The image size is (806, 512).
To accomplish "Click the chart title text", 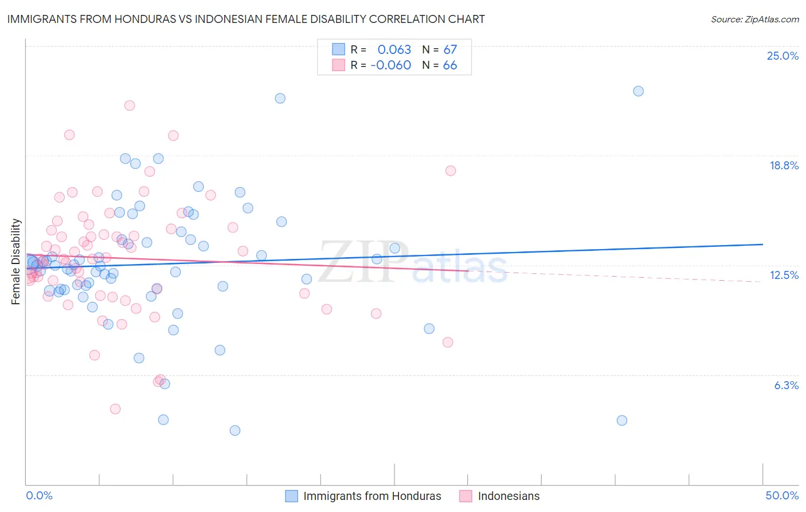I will coord(246,19).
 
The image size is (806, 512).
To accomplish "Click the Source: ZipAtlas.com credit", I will coord(754,19).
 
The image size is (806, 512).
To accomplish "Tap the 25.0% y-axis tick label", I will coord(782,56).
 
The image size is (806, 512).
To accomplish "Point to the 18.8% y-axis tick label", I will coord(784,165).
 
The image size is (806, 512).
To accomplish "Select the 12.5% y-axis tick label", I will coord(784,275).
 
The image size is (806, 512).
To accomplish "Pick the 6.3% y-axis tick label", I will coord(786,385).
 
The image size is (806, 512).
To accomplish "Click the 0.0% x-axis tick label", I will coord(39,495).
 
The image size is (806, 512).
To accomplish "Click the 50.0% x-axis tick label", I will coord(782,495).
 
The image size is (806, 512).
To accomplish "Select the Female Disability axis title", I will coord(16,261).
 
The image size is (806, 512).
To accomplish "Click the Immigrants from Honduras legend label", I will coord(372,496).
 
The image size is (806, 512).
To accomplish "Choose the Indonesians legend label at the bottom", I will coord(508,496).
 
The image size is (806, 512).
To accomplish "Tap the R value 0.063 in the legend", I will coord(394,50).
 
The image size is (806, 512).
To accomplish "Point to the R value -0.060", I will coord(391,65).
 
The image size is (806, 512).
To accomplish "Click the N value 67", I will coord(450,50).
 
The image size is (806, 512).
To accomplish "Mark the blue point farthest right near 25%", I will coord(638,91).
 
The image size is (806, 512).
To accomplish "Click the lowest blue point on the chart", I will coord(234,430).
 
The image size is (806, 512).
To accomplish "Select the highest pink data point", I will coord(130,106).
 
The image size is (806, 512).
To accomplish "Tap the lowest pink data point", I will coord(115,409).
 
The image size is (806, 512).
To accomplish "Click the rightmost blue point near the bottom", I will coord(622,420).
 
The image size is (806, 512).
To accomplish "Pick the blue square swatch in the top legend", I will coord(339,50).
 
